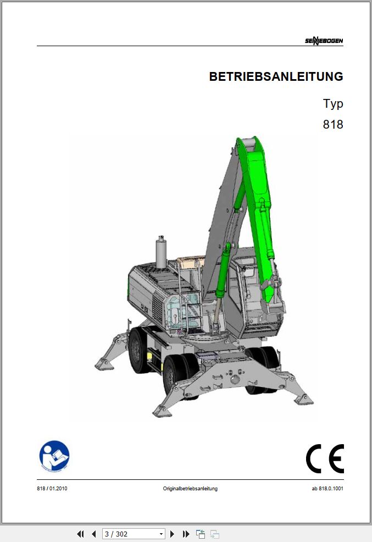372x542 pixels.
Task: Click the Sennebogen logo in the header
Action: point(324,41)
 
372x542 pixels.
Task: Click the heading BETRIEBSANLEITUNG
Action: point(276,76)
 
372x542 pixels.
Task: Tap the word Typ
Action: point(333,104)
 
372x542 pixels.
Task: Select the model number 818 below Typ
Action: point(333,124)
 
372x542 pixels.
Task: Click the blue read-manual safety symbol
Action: point(54,456)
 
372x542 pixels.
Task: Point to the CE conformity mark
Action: point(325,458)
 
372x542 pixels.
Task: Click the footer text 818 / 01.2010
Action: point(52,489)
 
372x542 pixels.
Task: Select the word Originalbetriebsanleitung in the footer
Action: point(190,489)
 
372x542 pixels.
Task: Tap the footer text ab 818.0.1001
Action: point(327,489)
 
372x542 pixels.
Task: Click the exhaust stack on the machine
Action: point(161,252)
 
